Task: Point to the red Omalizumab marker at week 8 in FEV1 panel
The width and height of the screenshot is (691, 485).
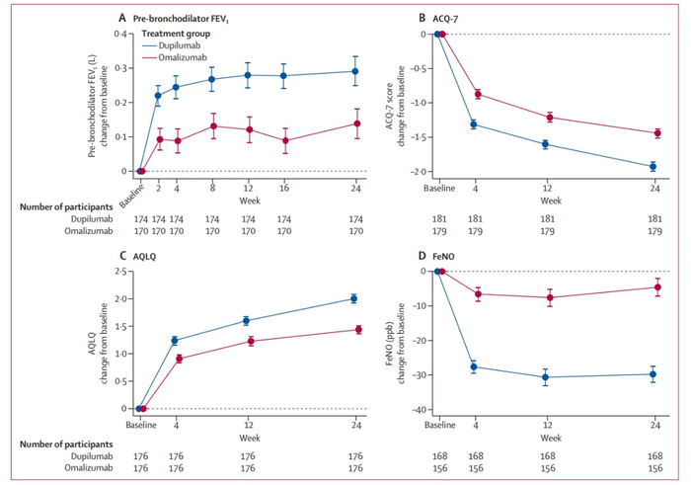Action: (x=213, y=125)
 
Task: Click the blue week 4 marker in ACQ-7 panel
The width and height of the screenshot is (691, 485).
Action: (x=473, y=124)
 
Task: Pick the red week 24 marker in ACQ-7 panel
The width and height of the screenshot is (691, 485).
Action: (x=653, y=133)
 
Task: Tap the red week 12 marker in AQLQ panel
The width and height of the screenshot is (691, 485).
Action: (x=251, y=341)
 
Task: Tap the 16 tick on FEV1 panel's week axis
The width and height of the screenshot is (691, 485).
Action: (x=283, y=185)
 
